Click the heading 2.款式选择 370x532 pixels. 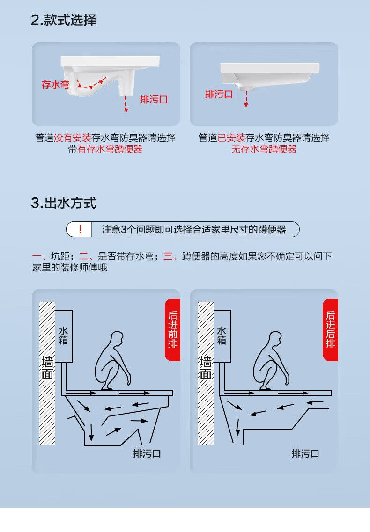tap(64, 20)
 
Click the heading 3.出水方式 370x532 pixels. tap(64, 203)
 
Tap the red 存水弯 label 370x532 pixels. tap(55, 85)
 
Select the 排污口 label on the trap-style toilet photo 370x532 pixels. tap(154, 99)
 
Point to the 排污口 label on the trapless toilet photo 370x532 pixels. tap(219, 95)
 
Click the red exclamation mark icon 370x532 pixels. tap(80, 229)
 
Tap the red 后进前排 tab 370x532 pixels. tap(173, 329)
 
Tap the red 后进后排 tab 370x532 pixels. tap(330, 329)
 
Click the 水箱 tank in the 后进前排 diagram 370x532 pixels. tap(64, 336)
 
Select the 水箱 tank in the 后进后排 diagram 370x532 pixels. tap(222, 336)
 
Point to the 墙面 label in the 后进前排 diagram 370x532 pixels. tap(48, 368)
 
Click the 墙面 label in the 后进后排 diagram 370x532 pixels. tap(206, 368)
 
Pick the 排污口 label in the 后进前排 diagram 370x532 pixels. tap(147, 453)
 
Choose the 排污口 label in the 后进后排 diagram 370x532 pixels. tap(305, 453)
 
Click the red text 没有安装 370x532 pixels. tap(73, 138)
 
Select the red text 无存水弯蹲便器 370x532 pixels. tap(264, 149)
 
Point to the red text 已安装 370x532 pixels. tap(231, 138)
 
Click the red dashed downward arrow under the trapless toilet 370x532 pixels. tap(246, 99)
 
